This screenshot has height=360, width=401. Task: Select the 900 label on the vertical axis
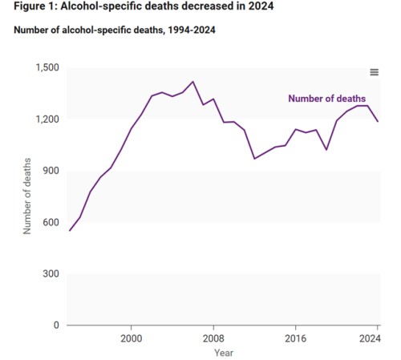(x=51, y=171)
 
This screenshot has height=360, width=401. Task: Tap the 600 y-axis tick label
(x=51, y=222)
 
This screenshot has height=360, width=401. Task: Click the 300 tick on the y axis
(x=51, y=273)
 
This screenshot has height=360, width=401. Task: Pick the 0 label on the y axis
(x=56, y=325)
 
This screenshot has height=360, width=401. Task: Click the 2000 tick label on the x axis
(x=132, y=338)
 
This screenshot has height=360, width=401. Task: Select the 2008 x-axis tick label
(x=213, y=338)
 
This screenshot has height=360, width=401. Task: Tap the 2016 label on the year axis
(x=295, y=338)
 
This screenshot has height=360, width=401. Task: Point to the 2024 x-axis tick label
(x=370, y=338)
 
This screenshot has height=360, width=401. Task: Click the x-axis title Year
(x=224, y=353)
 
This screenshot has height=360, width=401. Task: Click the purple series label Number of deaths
(x=326, y=99)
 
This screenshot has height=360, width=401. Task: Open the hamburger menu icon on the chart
(x=374, y=72)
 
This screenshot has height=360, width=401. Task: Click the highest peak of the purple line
(x=192, y=81)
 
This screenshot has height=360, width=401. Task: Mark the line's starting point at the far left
(x=70, y=231)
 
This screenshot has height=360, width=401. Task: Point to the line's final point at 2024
(x=378, y=121)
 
